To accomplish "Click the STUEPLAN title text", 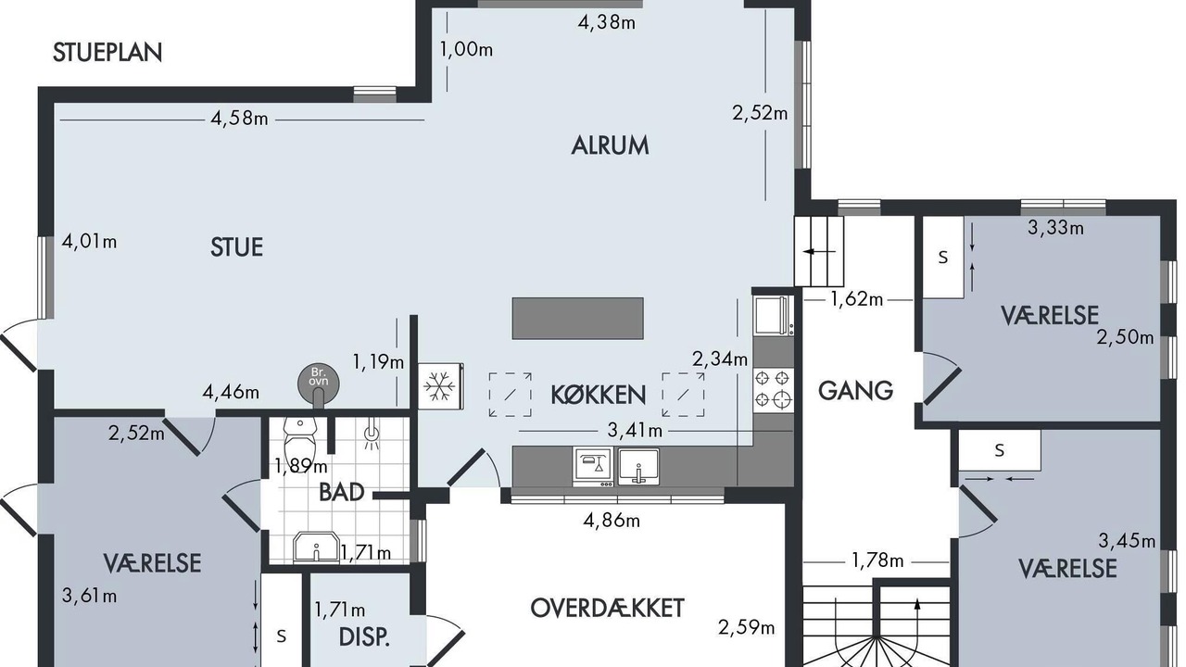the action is coord(107,53).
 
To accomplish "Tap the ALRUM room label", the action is coord(610,145).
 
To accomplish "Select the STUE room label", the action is coord(236,247).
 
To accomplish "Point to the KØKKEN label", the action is coord(599,395).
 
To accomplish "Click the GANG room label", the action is coord(855,391).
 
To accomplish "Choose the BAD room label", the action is coord(342,492).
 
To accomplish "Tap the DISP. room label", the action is coord(364,636).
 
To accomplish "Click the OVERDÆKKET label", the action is coord(607,609).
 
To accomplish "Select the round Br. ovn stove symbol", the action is coord(318,384).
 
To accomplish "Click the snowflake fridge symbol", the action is coord(440,386).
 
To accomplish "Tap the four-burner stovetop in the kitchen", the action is coord(774,389).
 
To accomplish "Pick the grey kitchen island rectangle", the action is coord(577,318).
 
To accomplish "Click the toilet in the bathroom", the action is coord(300,440).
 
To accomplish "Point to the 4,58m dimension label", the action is coord(239,119).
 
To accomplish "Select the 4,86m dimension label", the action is coord(612,521).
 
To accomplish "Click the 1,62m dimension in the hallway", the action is coord(857,299).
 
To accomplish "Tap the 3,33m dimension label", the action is coord(1055,228).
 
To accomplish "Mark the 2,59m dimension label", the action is coord(747,628).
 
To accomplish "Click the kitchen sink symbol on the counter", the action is coord(638,467).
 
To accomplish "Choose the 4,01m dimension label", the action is coord(90,242).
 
